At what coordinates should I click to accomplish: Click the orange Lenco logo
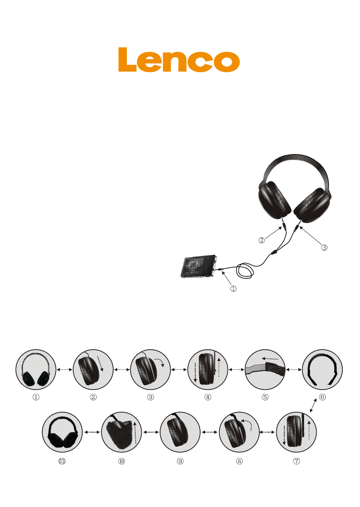179,60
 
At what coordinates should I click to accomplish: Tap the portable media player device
199,266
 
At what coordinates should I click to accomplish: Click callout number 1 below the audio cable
233,289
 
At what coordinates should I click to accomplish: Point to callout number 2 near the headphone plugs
261,240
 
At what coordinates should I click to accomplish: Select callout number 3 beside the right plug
324,247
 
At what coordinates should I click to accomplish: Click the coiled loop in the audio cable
245,270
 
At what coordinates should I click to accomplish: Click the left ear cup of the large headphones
274,200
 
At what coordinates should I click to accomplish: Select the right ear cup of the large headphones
312,205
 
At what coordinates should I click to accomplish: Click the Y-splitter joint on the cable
275,252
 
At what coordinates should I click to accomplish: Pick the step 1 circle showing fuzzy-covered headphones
36,370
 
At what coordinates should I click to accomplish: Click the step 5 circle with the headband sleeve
265,370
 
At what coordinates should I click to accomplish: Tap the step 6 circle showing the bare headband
322,370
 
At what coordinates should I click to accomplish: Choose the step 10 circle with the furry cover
122,432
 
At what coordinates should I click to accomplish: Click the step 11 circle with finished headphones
62,432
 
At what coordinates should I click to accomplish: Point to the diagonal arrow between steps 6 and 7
313,405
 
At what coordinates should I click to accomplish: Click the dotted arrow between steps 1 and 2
64,370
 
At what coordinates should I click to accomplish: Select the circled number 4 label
208,397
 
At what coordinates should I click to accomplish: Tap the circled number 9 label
180,461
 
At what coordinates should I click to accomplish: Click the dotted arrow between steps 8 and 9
209,432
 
